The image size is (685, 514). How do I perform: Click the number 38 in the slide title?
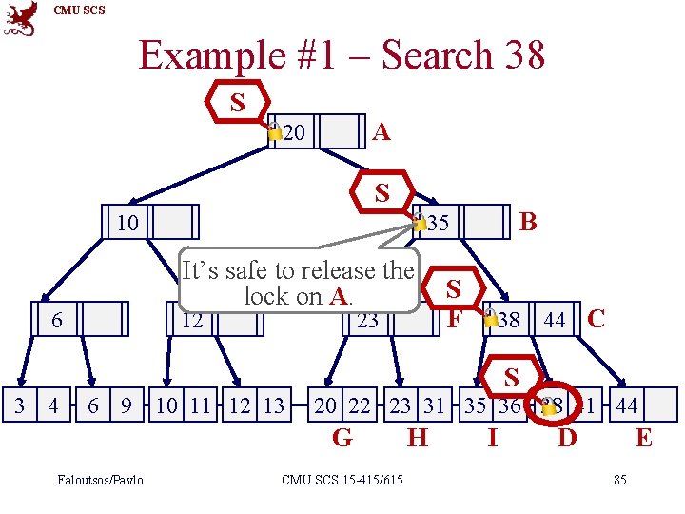pyautogui.click(x=522, y=55)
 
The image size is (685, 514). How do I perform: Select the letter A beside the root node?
pyautogui.click(x=382, y=131)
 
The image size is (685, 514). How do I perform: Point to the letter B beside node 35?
pyautogui.click(x=529, y=222)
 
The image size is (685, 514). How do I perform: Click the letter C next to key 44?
pyautogui.click(x=597, y=318)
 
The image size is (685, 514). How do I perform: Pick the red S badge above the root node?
pyautogui.click(x=237, y=103)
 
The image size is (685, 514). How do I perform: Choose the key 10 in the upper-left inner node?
pyautogui.click(x=126, y=223)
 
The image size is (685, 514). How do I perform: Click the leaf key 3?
pyautogui.click(x=20, y=406)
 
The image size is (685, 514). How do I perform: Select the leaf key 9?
pyautogui.click(x=126, y=406)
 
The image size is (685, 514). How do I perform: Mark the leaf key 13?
pyautogui.click(x=272, y=406)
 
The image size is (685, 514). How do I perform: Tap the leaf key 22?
pyautogui.click(x=359, y=406)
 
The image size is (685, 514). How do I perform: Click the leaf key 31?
pyautogui.click(x=434, y=406)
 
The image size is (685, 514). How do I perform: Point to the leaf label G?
pyautogui.click(x=342, y=438)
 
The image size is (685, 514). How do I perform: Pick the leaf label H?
pyautogui.click(x=417, y=438)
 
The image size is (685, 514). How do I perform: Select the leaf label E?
pyautogui.click(x=643, y=438)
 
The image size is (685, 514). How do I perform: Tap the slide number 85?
pyautogui.click(x=620, y=479)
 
